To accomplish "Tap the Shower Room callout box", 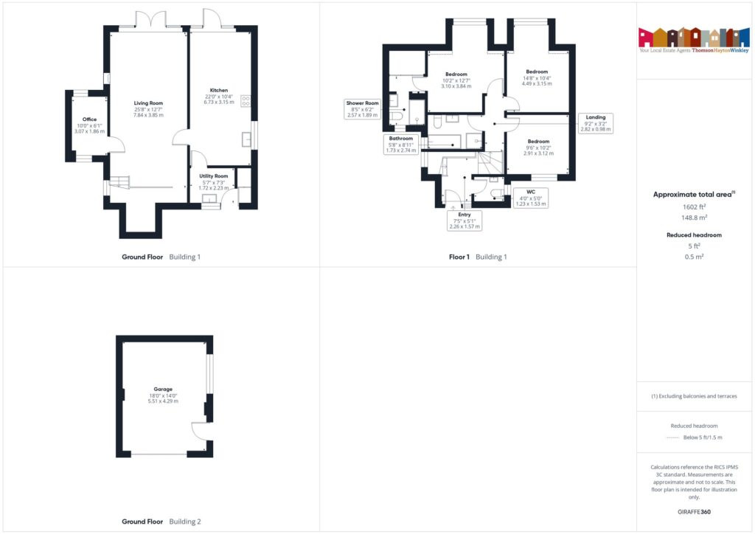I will (x=362, y=109).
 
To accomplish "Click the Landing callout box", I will (x=596, y=123).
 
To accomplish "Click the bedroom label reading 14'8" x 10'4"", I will (x=537, y=77).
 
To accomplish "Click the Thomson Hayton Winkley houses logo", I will (x=693, y=37).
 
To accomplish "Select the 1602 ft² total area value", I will (x=693, y=207).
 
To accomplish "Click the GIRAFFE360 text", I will (x=693, y=511).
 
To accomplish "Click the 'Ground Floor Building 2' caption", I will (x=161, y=521).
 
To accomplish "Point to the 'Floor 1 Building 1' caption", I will (x=478, y=257).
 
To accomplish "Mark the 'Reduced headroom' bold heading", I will (x=693, y=235).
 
